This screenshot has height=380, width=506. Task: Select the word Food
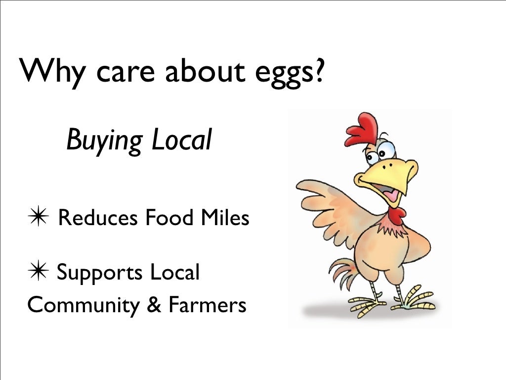(167, 217)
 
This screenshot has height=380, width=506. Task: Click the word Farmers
(207, 305)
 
